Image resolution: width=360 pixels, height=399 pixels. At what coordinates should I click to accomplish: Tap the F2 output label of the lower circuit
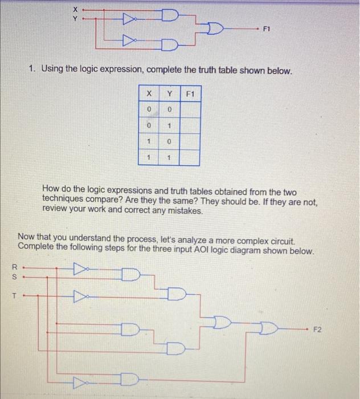tap(317, 329)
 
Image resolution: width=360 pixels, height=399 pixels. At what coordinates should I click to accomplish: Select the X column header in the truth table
tap(149, 92)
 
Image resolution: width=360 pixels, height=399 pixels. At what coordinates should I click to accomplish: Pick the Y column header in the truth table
tap(169, 92)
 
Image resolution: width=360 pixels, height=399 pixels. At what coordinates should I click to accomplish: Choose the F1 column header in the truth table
tap(190, 92)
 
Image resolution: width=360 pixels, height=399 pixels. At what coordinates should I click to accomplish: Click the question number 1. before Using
tap(34, 71)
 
